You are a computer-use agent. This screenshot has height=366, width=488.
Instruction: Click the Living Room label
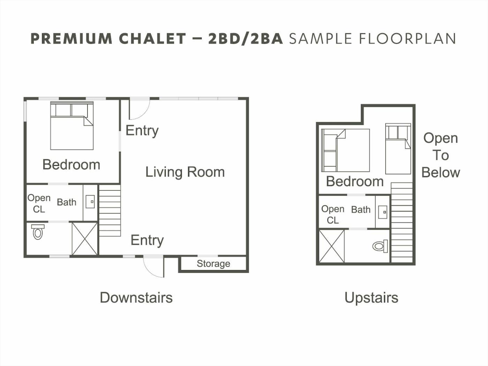[x=185, y=172]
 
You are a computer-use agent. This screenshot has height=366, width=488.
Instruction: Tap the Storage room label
[x=213, y=264]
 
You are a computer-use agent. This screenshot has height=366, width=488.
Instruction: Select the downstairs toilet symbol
[x=38, y=232]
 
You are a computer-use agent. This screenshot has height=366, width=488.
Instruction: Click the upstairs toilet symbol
[x=380, y=246]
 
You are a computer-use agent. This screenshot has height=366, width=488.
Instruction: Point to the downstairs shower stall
[x=85, y=238]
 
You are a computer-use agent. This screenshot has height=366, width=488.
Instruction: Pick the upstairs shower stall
[x=331, y=246]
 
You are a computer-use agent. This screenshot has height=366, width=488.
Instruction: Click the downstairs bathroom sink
[x=90, y=201]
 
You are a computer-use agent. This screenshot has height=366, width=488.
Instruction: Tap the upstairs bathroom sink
[x=383, y=212]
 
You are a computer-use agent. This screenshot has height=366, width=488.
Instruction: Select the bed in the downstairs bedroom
[x=72, y=125]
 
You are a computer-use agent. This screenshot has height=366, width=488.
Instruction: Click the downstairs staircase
[x=110, y=211]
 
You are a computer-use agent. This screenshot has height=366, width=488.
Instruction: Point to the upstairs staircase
[x=402, y=222]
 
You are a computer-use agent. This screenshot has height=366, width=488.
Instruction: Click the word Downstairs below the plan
[x=136, y=298]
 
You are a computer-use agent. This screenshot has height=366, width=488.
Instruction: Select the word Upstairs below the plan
[x=371, y=298]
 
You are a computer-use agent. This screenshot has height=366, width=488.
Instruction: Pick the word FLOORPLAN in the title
[x=407, y=38]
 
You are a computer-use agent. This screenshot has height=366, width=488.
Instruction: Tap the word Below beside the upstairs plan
[x=441, y=173]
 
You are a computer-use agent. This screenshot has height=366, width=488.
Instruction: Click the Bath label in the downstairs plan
[x=67, y=202]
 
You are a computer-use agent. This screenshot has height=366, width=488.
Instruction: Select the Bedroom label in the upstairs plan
[x=355, y=182]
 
